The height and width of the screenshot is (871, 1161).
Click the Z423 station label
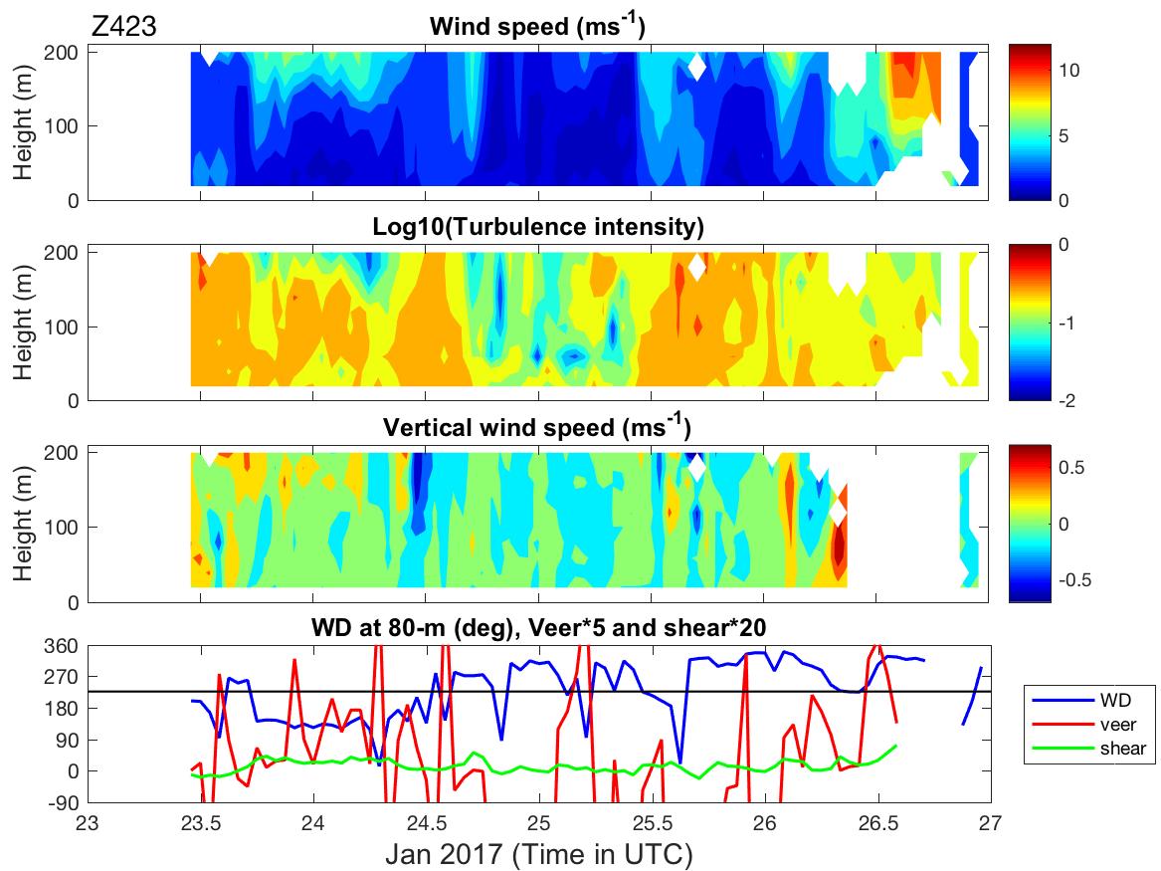(x=122, y=27)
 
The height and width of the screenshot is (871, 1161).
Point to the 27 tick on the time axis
(x=990, y=824)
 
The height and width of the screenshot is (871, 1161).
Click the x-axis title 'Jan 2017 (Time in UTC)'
(x=537, y=854)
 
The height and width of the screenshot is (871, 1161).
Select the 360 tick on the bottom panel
(x=66, y=645)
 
